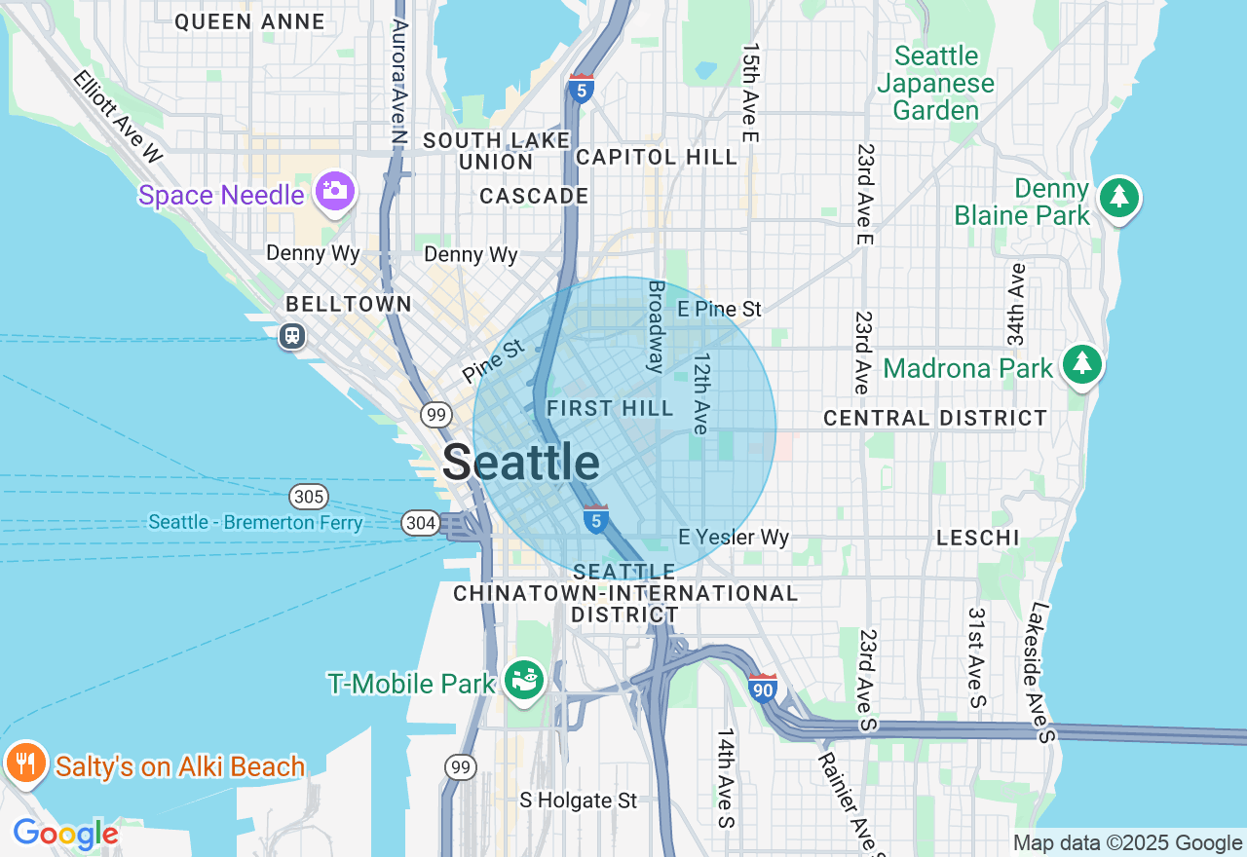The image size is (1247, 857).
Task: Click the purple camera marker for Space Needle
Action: point(334,192)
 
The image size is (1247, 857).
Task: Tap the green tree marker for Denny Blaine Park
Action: point(1119,198)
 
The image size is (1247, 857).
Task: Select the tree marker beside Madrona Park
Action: point(1081,365)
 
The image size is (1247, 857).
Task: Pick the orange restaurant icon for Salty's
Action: point(24,763)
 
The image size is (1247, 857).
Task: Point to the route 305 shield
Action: point(309,497)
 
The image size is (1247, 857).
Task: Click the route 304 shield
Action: point(420,524)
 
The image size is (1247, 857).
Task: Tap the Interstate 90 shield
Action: point(763,689)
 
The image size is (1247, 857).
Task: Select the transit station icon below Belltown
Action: point(291,336)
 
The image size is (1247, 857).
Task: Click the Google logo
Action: point(65,835)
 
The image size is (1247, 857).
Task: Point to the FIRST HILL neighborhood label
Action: point(610,409)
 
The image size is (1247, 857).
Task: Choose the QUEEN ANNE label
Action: point(249,22)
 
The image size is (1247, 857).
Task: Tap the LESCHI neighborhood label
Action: point(977,538)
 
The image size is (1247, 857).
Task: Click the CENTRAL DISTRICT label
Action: point(935,419)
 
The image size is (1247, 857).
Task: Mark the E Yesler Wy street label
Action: point(734,538)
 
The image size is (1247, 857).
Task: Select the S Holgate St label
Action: point(578,801)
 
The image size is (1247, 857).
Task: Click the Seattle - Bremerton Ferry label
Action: point(255,523)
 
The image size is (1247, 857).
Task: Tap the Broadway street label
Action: point(657,326)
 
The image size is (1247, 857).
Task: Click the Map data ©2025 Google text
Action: point(1127,843)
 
